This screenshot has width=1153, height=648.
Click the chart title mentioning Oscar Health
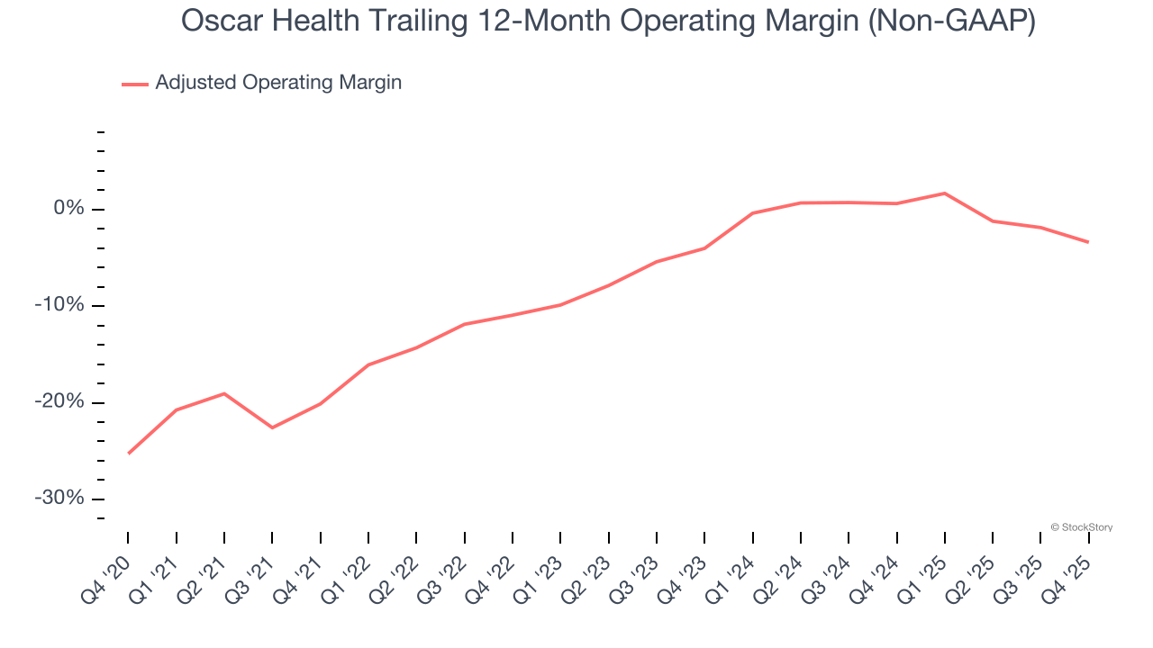tap(608, 22)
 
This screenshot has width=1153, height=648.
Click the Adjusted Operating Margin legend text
tap(278, 83)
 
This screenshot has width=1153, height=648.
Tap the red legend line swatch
tap(135, 84)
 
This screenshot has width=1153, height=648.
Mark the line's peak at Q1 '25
tap(944, 193)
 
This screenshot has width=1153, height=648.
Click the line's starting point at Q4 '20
tap(129, 453)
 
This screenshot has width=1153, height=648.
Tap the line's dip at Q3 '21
tap(272, 427)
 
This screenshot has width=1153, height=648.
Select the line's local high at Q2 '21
tap(224, 393)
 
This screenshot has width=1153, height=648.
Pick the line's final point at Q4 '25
tap(1088, 242)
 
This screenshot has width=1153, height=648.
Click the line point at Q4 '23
tap(704, 247)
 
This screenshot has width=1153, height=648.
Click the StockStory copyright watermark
tap(1081, 527)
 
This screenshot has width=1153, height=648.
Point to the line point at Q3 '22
tap(464, 324)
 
